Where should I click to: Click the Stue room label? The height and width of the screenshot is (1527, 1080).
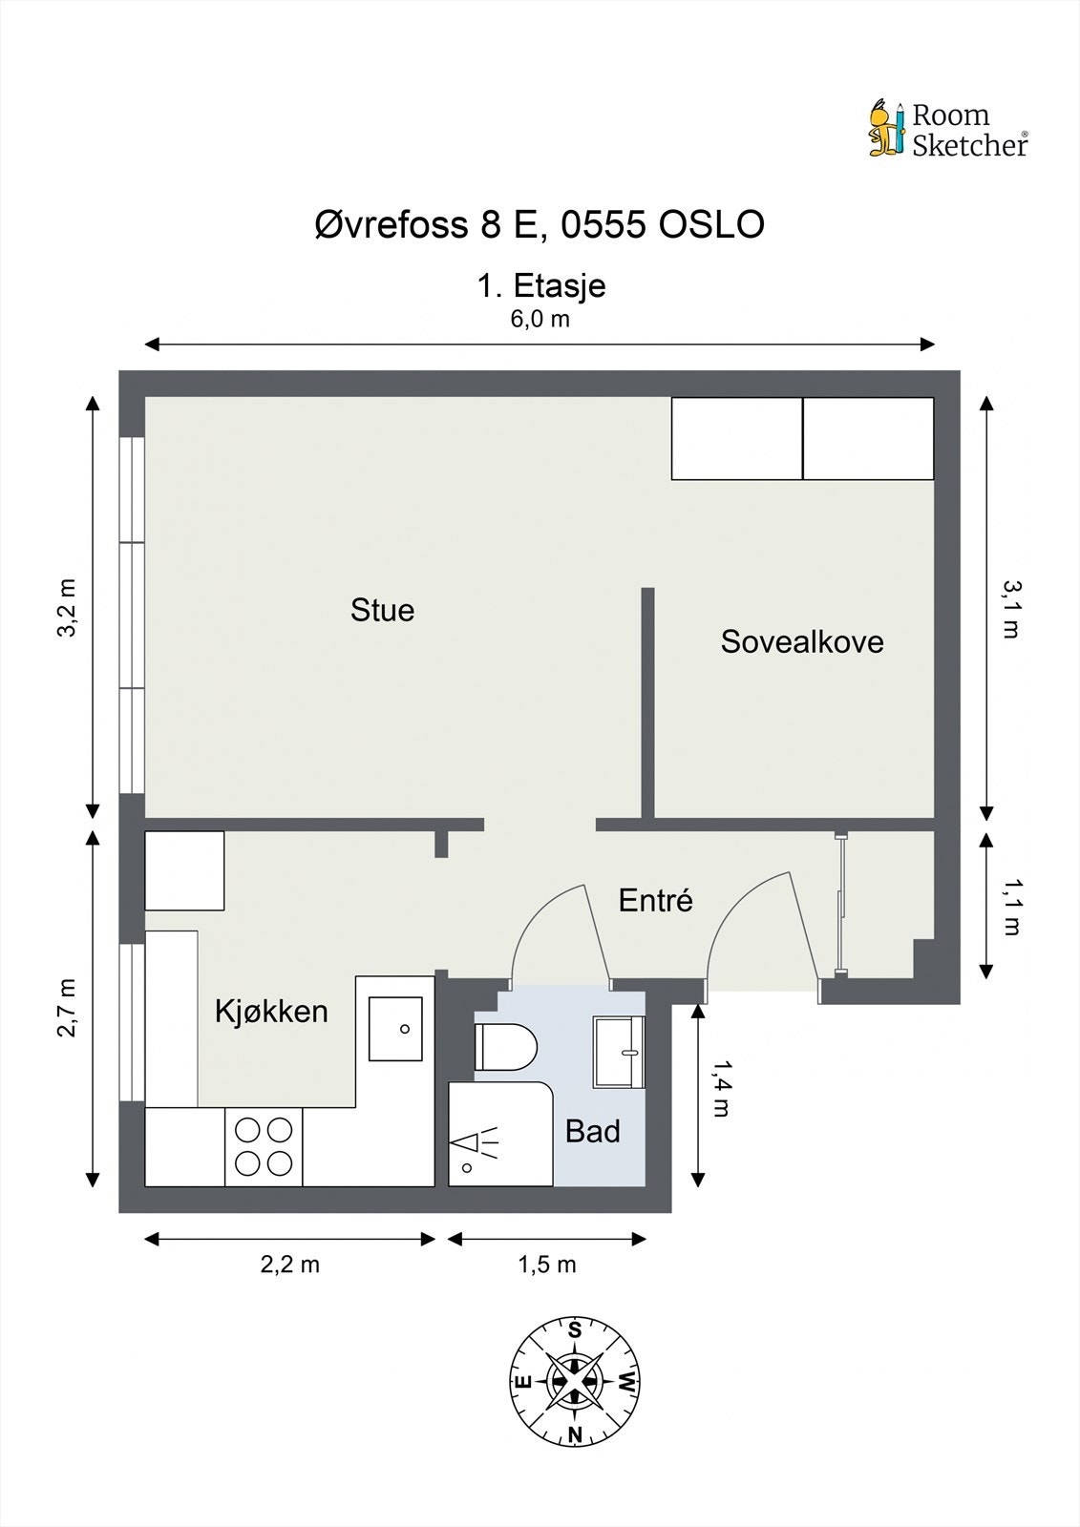click(x=382, y=610)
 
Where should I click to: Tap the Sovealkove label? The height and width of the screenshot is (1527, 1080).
click(x=802, y=641)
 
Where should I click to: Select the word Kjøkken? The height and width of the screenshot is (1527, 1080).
click(x=271, y=1012)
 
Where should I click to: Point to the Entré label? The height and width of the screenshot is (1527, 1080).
click(x=656, y=900)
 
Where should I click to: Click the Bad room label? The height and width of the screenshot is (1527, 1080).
click(x=593, y=1131)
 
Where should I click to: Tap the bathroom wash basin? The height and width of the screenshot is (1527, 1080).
click(x=619, y=1052)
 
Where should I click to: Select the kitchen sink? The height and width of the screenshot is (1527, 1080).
click(x=395, y=1029)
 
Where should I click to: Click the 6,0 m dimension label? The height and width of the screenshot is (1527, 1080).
click(x=540, y=319)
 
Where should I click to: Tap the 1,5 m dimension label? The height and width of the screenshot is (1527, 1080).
click(x=547, y=1265)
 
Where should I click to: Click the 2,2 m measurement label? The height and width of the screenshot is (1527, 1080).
click(x=290, y=1265)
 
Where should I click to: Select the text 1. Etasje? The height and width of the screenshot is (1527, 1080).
click(x=541, y=285)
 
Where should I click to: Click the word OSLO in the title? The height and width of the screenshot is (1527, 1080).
click(x=710, y=224)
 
